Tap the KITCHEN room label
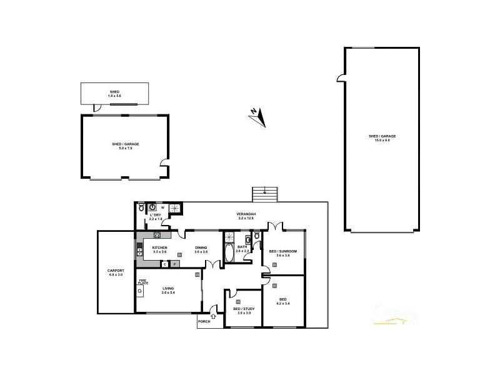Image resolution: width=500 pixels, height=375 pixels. [160, 248]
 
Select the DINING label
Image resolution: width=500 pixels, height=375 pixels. [201, 248]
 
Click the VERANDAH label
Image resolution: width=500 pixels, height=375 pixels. [245, 215]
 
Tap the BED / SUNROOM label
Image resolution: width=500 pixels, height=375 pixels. [282, 251]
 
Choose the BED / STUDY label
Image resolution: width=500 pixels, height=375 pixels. [241, 309]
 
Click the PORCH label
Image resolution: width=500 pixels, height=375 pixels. [204, 321]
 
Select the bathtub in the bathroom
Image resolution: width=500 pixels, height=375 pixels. [228, 253]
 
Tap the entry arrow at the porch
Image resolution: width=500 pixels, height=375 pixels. [214, 316]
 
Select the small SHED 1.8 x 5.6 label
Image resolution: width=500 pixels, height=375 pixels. [114, 94]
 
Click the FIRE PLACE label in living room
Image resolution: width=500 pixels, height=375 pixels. [142, 282]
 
